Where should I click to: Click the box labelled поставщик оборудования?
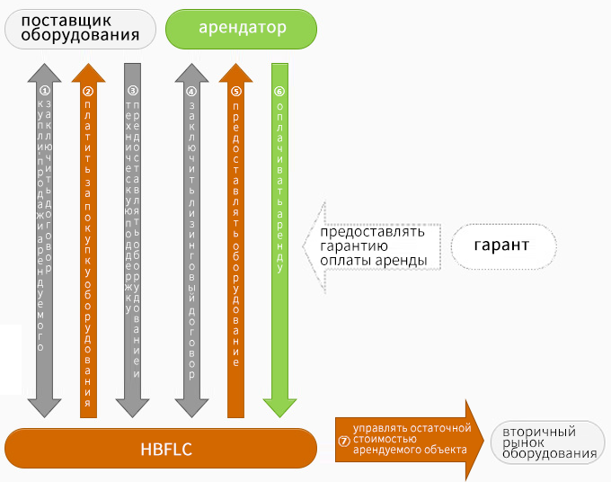click(x=80, y=28)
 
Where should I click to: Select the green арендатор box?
click(x=243, y=28)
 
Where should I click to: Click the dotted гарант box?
click(x=501, y=245)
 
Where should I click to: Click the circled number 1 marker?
click(x=46, y=90)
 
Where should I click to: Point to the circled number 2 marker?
click(x=88, y=91)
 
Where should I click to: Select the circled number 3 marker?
click(x=133, y=90)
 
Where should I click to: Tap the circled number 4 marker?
click(x=191, y=91)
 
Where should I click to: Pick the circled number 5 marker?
click(x=235, y=91)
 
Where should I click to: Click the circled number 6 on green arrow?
click(x=279, y=91)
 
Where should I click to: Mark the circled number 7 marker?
click(x=343, y=441)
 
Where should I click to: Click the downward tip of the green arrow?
click(x=279, y=412)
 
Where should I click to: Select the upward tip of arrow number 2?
click(x=88, y=68)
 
